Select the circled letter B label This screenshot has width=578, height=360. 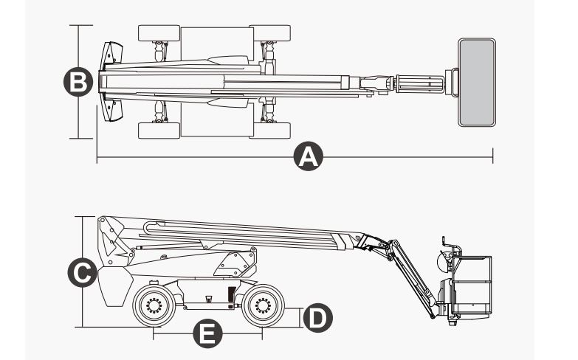tap(78, 81)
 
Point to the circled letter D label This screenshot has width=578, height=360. tap(317, 318)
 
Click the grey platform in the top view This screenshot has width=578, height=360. tap(476, 82)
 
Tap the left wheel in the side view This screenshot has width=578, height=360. tap(154, 305)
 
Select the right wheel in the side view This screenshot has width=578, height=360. tap(263, 305)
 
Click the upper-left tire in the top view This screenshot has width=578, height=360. tap(159, 33)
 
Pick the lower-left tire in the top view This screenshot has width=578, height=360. tap(159, 131)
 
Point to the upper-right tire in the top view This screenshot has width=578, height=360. tap(269, 33)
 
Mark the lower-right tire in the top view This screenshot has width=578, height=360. tap(269, 131)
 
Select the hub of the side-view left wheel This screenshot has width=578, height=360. tap(154, 305)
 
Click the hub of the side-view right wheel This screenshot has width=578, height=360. tap(263, 305)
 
